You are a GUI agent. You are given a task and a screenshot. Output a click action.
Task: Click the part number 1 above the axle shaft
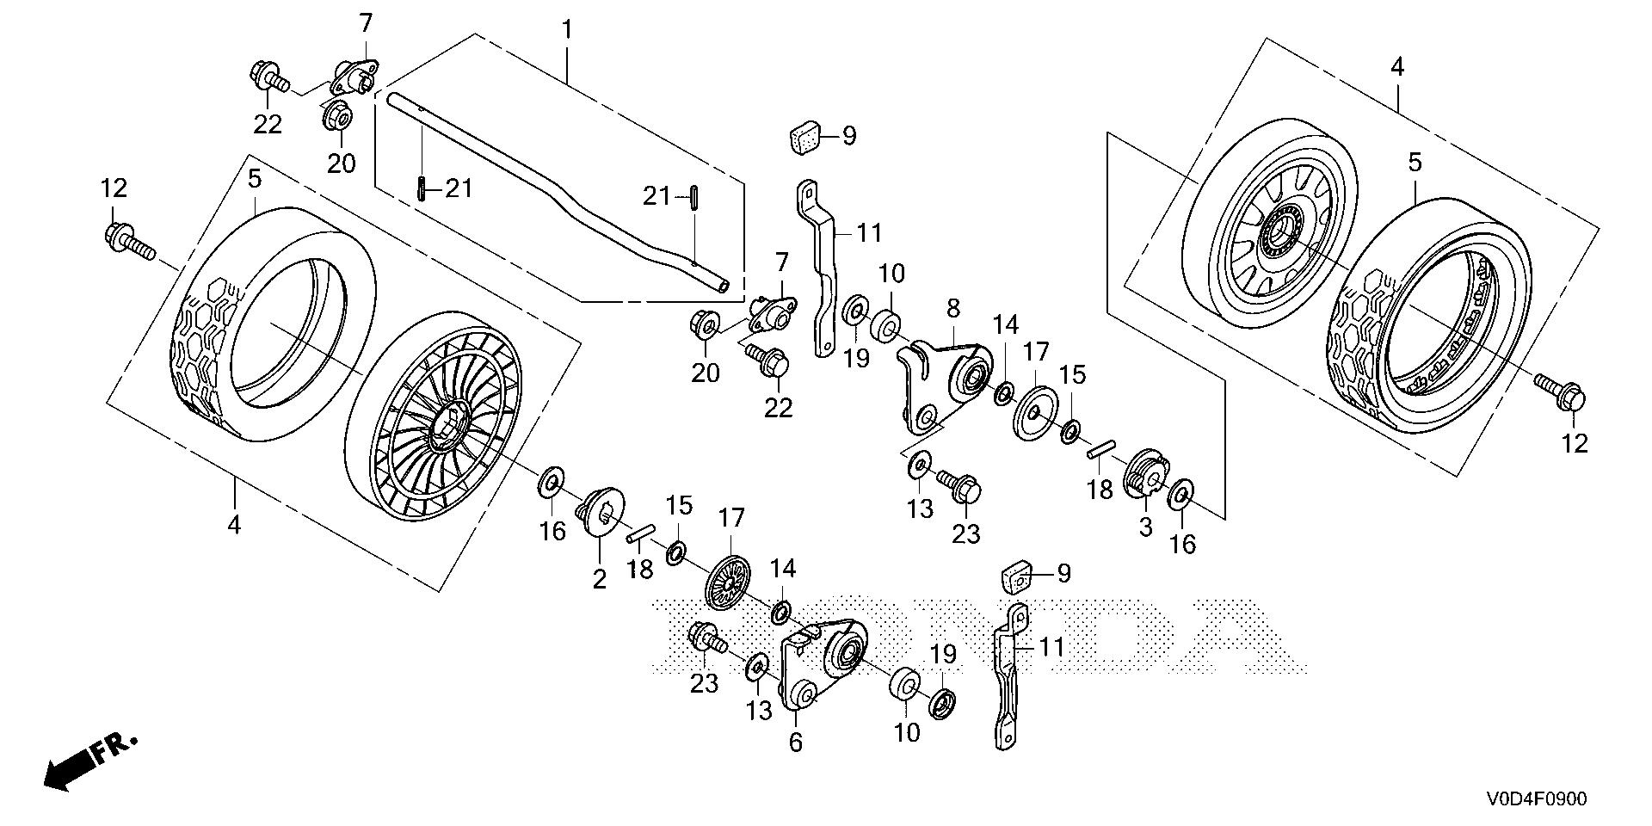[x=567, y=30]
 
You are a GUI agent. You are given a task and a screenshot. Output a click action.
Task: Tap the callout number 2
[x=599, y=579]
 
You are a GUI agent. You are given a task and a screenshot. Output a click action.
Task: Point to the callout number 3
[x=1145, y=527]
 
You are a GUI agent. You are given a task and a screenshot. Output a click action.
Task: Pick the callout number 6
[x=795, y=742]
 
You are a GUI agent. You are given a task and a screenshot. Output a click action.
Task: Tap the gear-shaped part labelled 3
[x=1145, y=474]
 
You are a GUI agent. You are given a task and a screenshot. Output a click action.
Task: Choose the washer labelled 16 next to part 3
[x=1180, y=495]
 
